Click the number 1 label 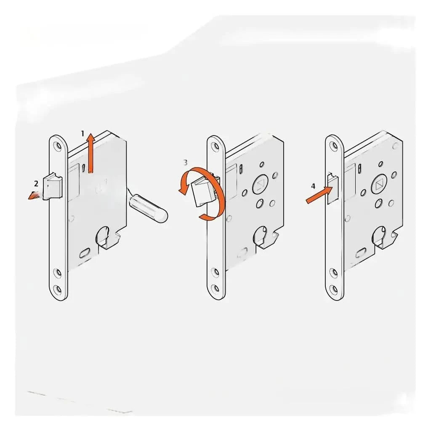pos(83,133)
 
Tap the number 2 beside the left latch pos(36,183)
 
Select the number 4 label pos(313,186)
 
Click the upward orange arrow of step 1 pos(90,153)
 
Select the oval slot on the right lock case pos(361,254)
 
